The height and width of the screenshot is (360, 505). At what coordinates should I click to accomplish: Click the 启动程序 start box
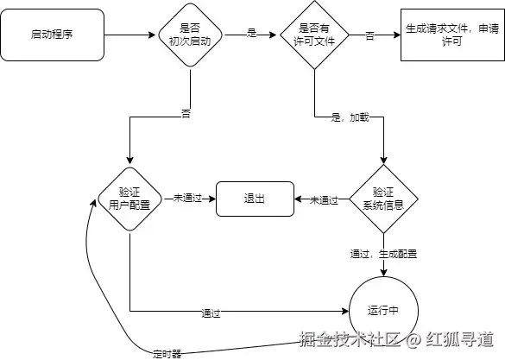coord(54,35)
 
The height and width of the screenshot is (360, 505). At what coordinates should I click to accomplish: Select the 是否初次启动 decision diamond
coord(189,35)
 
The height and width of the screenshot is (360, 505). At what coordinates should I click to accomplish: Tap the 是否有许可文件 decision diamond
coord(314,35)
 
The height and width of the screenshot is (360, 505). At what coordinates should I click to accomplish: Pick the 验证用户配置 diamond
coord(129,199)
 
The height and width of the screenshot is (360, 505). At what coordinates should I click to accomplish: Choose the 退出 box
coord(254,199)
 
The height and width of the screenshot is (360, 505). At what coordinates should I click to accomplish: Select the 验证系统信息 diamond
coord(382,199)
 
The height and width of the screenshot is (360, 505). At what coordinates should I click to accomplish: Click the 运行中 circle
coord(382,308)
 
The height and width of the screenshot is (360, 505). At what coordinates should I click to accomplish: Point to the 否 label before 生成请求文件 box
coord(369,35)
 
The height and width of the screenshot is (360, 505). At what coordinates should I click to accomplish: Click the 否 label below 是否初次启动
coord(186,113)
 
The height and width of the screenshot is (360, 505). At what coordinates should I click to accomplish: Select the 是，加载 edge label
coord(350,117)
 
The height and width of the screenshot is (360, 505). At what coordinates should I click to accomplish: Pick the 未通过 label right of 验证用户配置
coord(188,199)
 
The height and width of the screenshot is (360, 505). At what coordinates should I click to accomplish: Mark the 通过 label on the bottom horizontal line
coord(211,312)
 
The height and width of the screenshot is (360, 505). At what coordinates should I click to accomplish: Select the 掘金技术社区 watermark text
coord(350,339)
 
